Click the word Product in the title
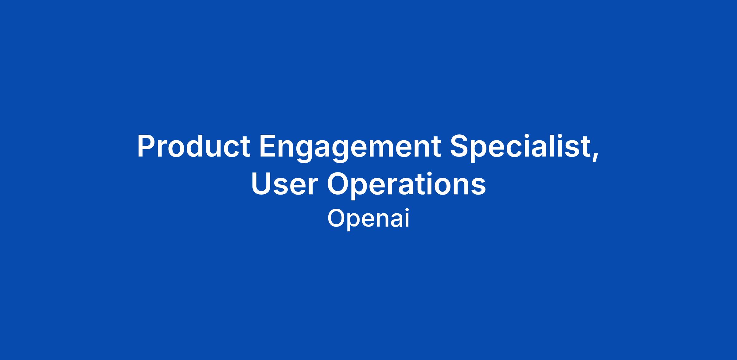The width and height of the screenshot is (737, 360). click(193, 146)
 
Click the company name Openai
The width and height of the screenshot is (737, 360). click(368, 218)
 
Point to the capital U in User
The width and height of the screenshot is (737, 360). click(261, 184)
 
